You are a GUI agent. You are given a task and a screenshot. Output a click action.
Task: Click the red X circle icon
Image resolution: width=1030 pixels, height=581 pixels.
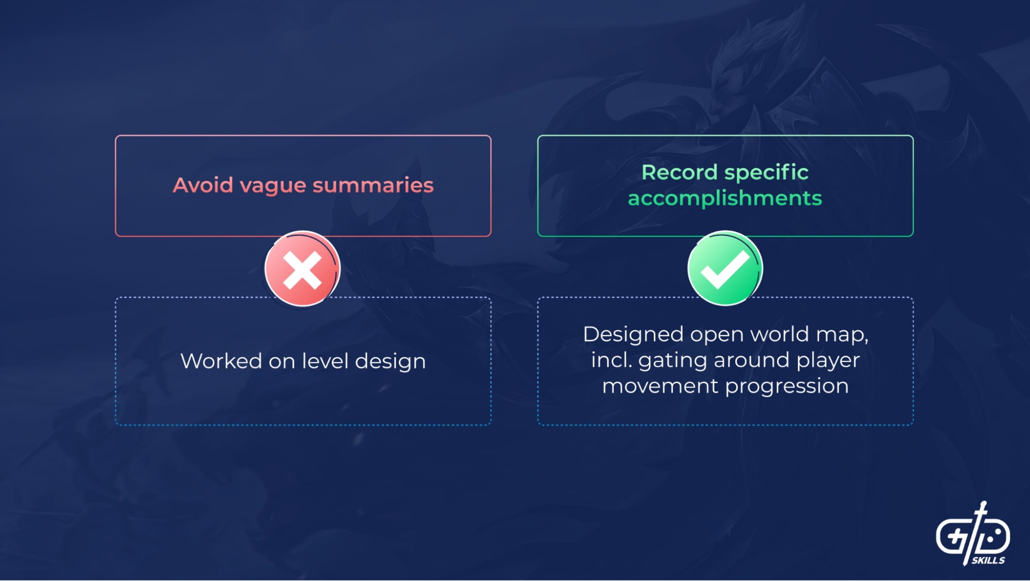click(302, 268)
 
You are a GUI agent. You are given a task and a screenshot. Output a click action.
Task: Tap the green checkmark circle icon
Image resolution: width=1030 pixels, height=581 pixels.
click(725, 268)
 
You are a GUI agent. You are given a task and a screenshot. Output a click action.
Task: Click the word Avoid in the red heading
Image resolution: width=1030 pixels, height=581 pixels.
click(203, 185)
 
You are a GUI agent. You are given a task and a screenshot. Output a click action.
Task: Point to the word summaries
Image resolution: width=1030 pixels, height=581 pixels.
click(373, 185)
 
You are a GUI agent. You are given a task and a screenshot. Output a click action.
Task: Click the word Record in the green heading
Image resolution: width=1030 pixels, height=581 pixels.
click(680, 173)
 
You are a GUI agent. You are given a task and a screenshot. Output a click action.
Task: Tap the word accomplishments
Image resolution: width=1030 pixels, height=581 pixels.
click(725, 199)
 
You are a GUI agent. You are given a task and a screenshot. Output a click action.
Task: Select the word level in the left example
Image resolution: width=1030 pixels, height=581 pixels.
click(326, 361)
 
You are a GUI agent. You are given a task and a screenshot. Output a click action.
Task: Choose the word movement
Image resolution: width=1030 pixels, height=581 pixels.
click(660, 386)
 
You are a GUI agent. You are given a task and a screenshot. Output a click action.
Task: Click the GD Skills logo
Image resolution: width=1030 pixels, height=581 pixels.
click(973, 534)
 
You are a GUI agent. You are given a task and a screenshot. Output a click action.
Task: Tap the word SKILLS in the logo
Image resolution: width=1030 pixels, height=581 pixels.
click(988, 560)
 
